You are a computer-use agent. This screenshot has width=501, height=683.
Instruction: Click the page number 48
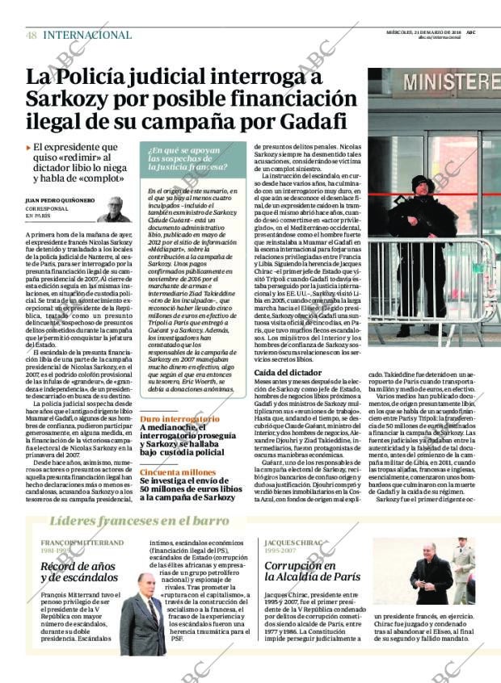point(31,35)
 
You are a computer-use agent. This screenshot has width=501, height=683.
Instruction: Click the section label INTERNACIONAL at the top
point(86,35)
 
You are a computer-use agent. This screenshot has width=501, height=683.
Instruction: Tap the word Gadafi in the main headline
point(316,122)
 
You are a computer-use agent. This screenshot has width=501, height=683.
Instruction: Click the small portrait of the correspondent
point(114,209)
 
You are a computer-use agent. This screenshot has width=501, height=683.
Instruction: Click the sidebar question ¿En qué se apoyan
point(184,151)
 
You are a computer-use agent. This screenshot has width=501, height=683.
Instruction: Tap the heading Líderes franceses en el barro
point(139,521)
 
